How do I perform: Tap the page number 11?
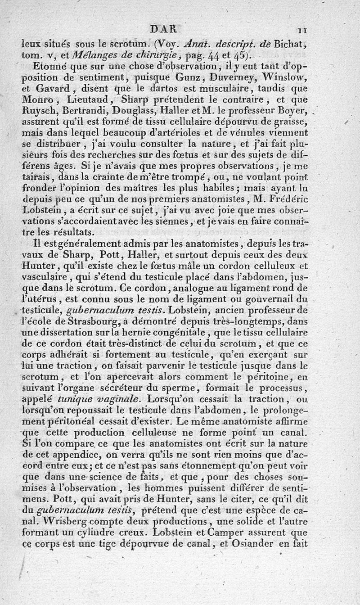[x=302, y=31]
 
